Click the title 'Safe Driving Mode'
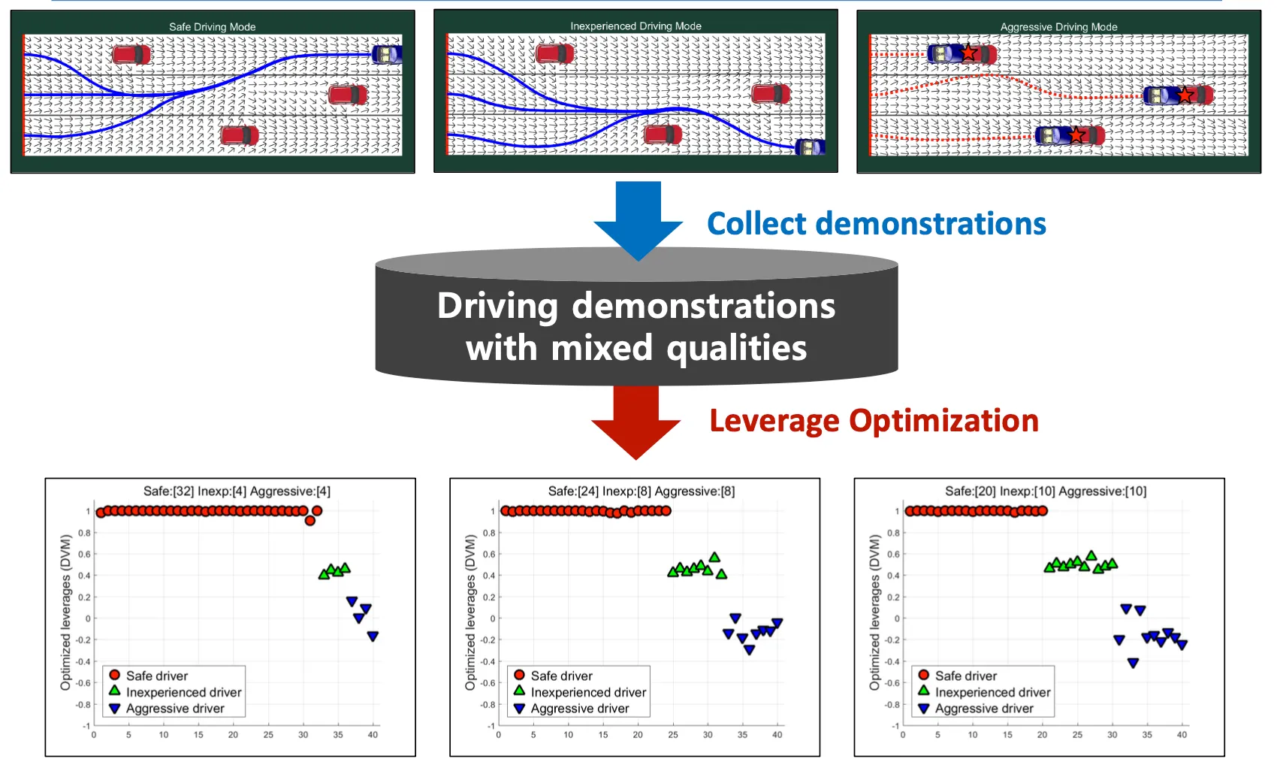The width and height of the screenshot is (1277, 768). (x=212, y=27)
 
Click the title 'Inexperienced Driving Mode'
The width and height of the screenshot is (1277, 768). (x=635, y=26)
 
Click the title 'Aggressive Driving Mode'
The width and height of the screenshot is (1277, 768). (x=1058, y=27)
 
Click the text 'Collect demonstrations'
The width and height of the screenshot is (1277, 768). (x=876, y=224)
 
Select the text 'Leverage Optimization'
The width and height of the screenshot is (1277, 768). (x=874, y=421)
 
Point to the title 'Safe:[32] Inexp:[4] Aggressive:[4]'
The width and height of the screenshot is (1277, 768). (x=237, y=491)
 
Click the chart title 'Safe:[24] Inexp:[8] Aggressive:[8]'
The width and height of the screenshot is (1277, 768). (x=642, y=491)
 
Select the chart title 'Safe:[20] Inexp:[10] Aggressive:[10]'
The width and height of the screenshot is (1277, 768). (x=1046, y=491)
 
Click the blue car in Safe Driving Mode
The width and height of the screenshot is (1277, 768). (x=387, y=54)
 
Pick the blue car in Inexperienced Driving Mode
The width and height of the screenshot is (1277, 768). (x=810, y=147)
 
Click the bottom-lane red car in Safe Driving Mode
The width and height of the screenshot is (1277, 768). (x=240, y=135)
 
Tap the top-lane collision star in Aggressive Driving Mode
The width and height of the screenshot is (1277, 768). (x=969, y=53)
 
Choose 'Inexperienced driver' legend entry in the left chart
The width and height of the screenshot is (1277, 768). (x=183, y=692)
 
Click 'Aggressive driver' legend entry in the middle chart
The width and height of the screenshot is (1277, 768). (x=579, y=709)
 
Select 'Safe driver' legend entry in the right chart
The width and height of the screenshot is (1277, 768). (x=965, y=676)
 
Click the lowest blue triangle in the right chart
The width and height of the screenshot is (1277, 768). (x=1133, y=663)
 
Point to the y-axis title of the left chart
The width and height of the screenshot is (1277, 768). (x=66, y=612)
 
